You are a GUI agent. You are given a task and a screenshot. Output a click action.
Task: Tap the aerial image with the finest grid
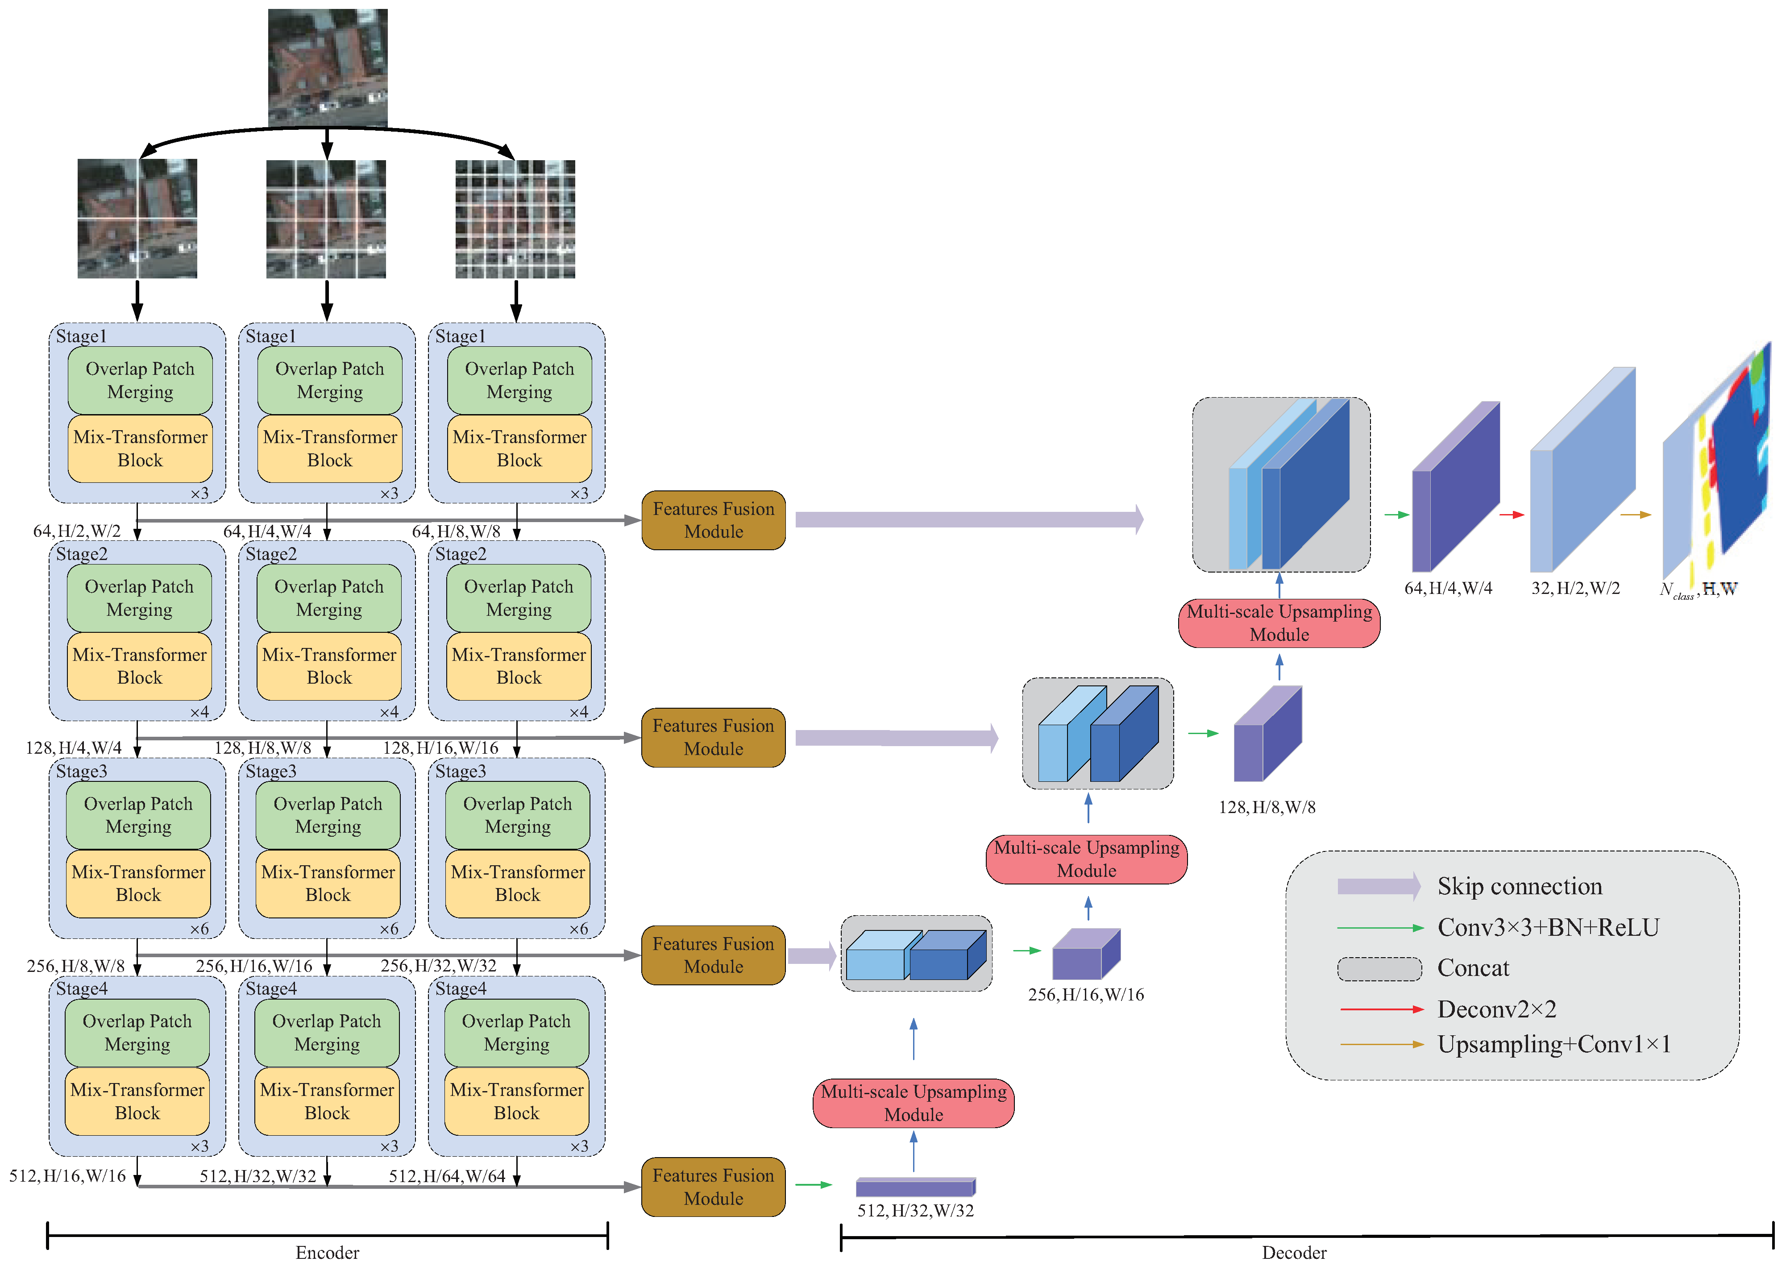[515, 219]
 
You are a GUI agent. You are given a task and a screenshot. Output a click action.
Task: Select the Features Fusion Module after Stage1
[713, 520]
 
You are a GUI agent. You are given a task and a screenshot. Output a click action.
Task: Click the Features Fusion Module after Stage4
[713, 1187]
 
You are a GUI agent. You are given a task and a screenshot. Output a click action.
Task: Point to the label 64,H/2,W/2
[76, 531]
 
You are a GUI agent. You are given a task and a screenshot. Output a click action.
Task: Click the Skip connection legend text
[1519, 886]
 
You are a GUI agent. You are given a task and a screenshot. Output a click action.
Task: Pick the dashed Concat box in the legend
[1379, 969]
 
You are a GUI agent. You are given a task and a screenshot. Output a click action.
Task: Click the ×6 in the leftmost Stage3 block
[199, 929]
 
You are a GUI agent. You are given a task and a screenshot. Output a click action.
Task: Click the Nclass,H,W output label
[1698, 589]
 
